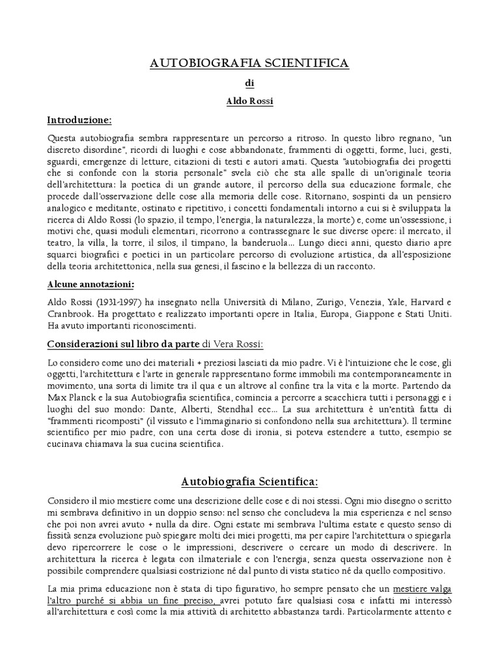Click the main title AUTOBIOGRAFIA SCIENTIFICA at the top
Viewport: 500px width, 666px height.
pyautogui.click(x=250, y=63)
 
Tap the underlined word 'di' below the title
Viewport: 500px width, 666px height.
pyautogui.click(x=250, y=84)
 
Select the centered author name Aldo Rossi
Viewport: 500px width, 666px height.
pyautogui.click(x=250, y=102)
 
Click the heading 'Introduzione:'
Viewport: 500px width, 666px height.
pyautogui.click(x=79, y=120)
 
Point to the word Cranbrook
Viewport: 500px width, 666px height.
pyautogui.click(x=68, y=314)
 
